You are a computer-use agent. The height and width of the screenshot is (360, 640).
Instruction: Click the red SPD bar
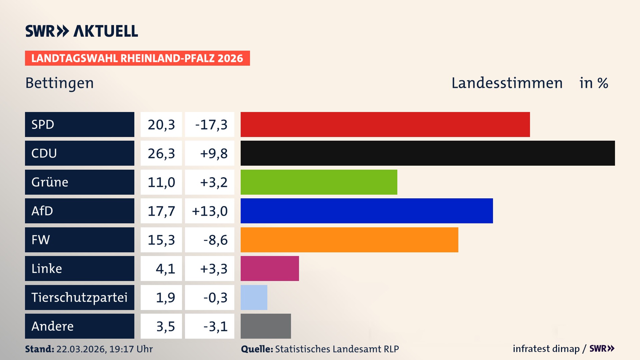pos(385,124)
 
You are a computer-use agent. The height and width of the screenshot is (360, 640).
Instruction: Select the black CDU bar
pos(428,153)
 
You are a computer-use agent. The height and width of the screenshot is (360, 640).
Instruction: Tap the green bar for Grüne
pos(319,182)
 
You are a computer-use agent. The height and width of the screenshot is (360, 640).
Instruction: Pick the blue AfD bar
pos(367,211)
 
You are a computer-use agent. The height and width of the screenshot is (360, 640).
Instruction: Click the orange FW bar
pos(349,240)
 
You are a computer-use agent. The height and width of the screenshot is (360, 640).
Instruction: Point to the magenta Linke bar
pos(270,268)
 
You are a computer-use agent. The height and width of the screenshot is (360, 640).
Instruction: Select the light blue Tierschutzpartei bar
pos(254,297)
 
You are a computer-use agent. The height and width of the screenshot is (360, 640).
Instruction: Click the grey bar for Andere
pos(266,326)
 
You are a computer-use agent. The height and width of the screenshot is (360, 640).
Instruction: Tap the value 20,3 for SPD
pos(161,125)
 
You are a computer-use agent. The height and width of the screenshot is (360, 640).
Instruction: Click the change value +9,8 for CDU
pos(213,153)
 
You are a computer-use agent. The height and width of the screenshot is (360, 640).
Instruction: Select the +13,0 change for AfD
pos(210,211)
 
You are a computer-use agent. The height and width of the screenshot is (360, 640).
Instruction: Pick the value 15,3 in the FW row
pos(161,240)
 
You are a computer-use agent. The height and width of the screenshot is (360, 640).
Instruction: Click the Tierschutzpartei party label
pos(79,297)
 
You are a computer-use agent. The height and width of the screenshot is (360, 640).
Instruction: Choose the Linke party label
pos(47,269)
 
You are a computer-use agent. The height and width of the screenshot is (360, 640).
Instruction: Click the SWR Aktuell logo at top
pos(82,31)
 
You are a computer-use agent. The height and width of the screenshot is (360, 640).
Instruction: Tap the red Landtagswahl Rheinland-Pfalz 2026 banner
pos(137,58)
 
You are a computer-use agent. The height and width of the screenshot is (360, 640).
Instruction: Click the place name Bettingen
pos(60,83)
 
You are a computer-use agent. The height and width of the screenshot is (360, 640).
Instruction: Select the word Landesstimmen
pos(507,83)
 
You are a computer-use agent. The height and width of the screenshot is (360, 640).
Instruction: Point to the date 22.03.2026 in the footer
pos(81,349)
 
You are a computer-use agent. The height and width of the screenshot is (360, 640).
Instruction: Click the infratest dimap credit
pos(546,349)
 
